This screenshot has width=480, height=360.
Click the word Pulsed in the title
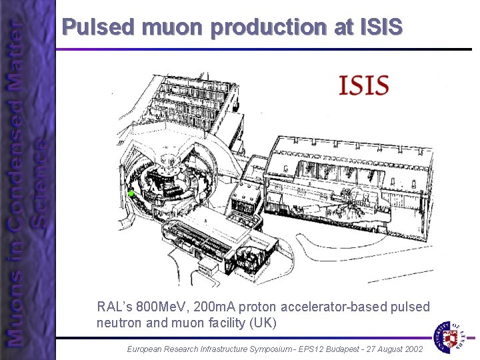pos(99,27)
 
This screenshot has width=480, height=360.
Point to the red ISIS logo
pos(363,85)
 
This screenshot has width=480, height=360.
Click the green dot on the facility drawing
pos(131,193)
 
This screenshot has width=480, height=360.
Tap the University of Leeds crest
pos(452,337)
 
